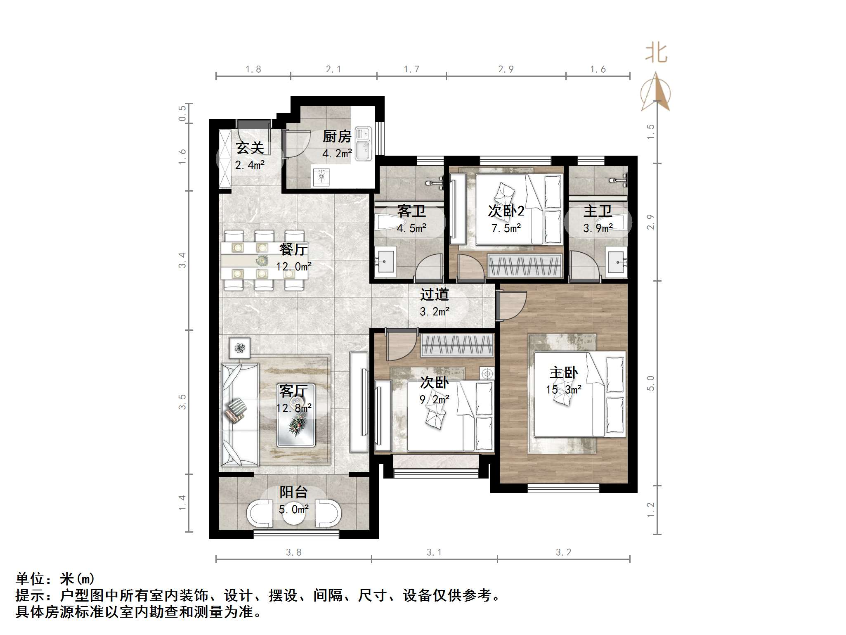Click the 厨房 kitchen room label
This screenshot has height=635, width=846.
pyautogui.click(x=337, y=136)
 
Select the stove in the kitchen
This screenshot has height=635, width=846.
pyautogui.click(x=321, y=176)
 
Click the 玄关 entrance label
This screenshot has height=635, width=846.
pyautogui.click(x=250, y=148)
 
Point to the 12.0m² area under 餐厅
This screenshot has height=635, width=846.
pyautogui.click(x=293, y=266)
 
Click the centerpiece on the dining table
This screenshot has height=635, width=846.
pyautogui.click(x=262, y=261)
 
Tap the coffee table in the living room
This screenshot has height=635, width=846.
pyautogui.click(x=296, y=415)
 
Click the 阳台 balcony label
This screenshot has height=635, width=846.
pyautogui.click(x=293, y=492)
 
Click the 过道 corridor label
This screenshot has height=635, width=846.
pyautogui.click(x=434, y=294)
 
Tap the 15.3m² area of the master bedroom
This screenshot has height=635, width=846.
pyautogui.click(x=563, y=389)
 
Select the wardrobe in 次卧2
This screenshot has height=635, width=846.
pyautogui.click(x=525, y=265)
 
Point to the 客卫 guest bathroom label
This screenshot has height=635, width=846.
pyautogui.click(x=411, y=211)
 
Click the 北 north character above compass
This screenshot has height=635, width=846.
pyautogui.click(x=656, y=54)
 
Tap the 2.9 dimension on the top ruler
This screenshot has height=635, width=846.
pyautogui.click(x=506, y=69)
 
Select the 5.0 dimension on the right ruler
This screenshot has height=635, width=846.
pyautogui.click(x=651, y=383)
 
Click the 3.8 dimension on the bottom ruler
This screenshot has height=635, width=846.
pyautogui.click(x=293, y=552)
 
